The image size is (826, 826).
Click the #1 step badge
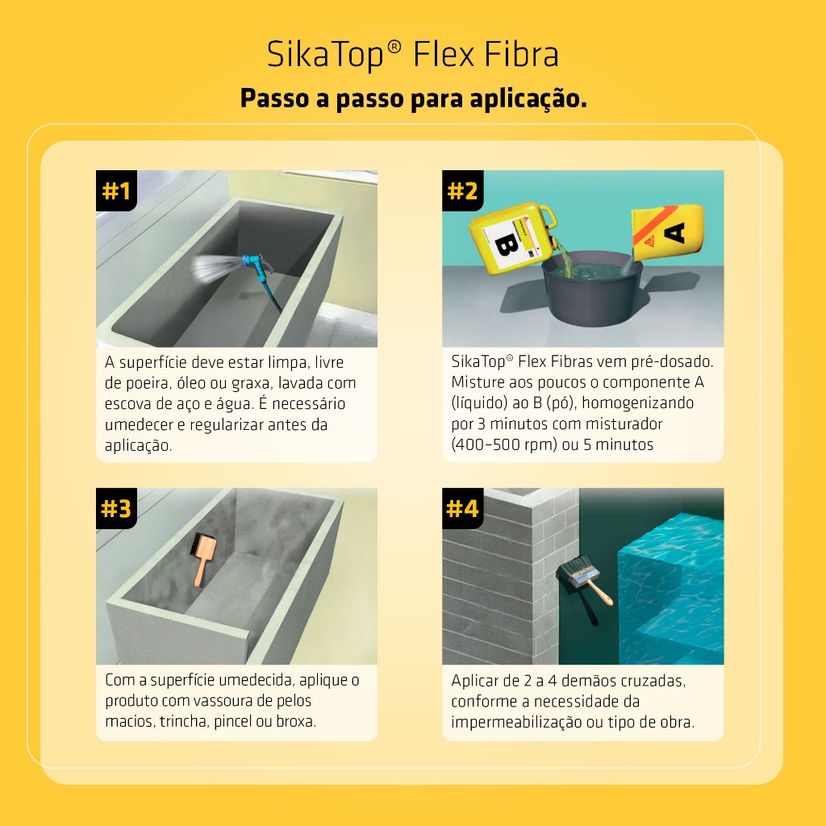point(116,190)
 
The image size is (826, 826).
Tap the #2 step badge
point(462,190)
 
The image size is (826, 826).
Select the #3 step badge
point(116,508)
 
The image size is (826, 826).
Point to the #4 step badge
point(462,508)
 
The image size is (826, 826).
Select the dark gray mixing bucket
point(593,288)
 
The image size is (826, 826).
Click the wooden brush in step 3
point(202,558)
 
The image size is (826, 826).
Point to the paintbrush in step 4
point(585,585)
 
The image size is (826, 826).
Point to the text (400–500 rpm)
point(504,444)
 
